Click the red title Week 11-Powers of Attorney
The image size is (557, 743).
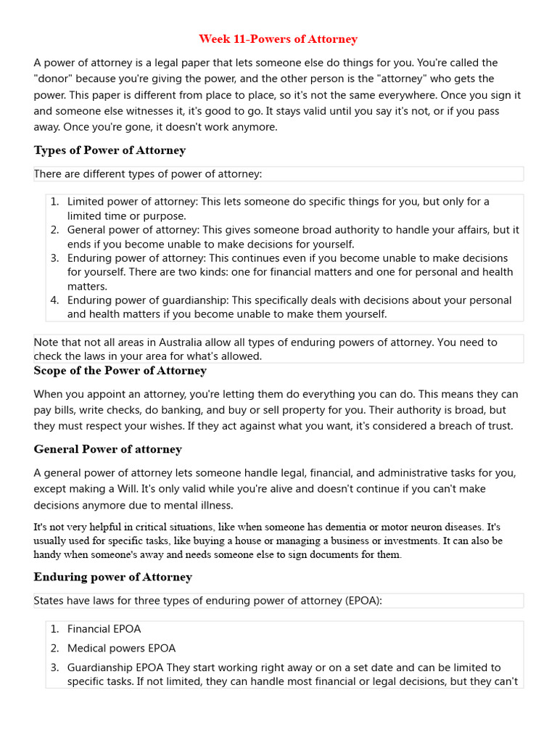coord(278,39)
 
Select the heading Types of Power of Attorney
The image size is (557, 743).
coord(110,150)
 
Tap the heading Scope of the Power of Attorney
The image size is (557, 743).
coord(120,371)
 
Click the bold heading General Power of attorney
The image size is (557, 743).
coord(107,449)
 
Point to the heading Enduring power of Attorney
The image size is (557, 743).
coord(112,577)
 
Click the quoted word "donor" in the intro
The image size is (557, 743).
coord(52,79)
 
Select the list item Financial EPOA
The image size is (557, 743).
coord(104,629)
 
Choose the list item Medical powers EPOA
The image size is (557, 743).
coord(121,648)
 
